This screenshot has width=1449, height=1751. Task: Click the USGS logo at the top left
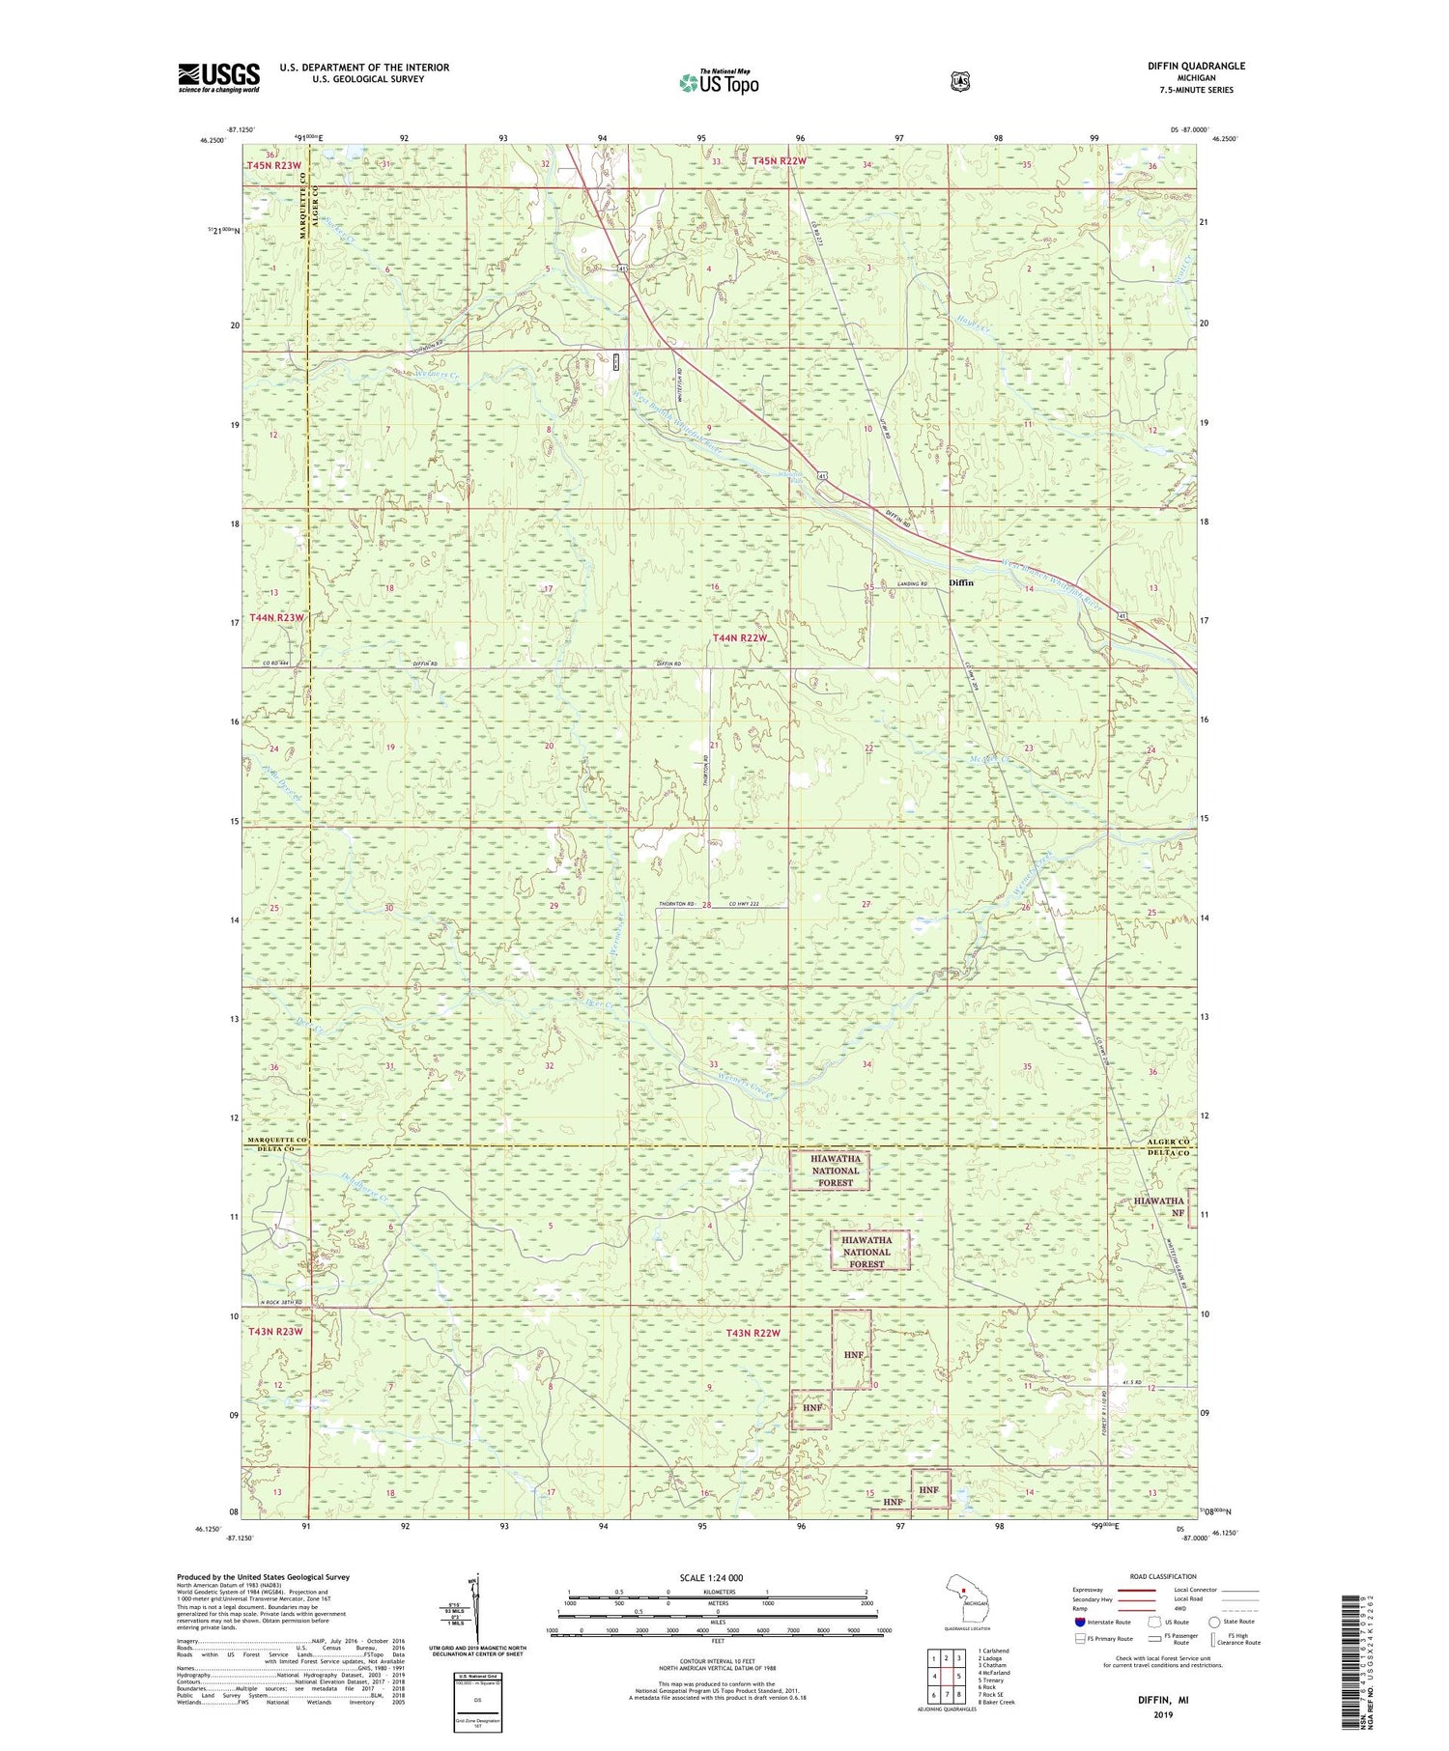point(218,77)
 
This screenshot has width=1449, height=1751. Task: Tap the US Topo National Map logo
point(719,82)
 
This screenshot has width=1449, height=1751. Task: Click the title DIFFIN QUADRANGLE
point(1195,66)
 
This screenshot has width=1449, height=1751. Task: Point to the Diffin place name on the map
point(961,582)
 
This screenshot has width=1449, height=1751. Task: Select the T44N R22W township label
point(740,638)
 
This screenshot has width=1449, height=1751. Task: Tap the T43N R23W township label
point(276,1332)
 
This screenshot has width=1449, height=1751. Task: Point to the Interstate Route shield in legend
point(1080,1623)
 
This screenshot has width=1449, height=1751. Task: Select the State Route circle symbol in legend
point(1214,1622)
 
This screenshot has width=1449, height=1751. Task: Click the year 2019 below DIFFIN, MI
point(1162,1715)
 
